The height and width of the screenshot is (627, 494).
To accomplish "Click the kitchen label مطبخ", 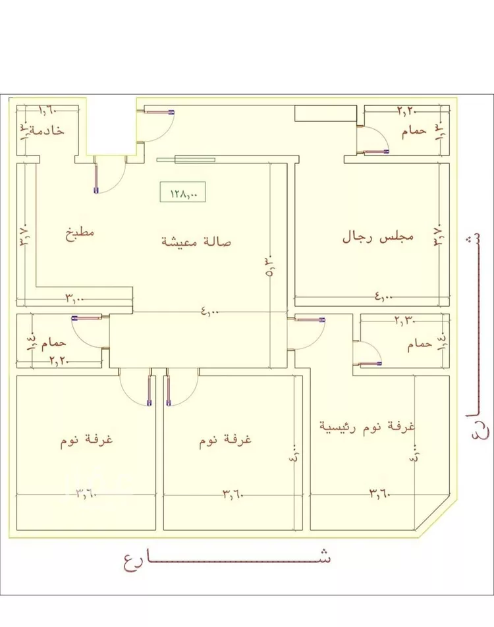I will tap(79, 233).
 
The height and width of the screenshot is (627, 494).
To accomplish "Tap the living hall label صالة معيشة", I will tap(196, 242).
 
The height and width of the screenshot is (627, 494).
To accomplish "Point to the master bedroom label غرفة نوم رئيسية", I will tap(367, 425).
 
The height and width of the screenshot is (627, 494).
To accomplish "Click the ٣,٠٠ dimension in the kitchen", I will tap(74, 298).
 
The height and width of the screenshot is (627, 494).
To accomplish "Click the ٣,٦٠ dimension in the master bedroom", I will tap(381, 491).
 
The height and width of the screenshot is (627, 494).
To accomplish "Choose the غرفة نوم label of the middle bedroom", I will tap(226, 440).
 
